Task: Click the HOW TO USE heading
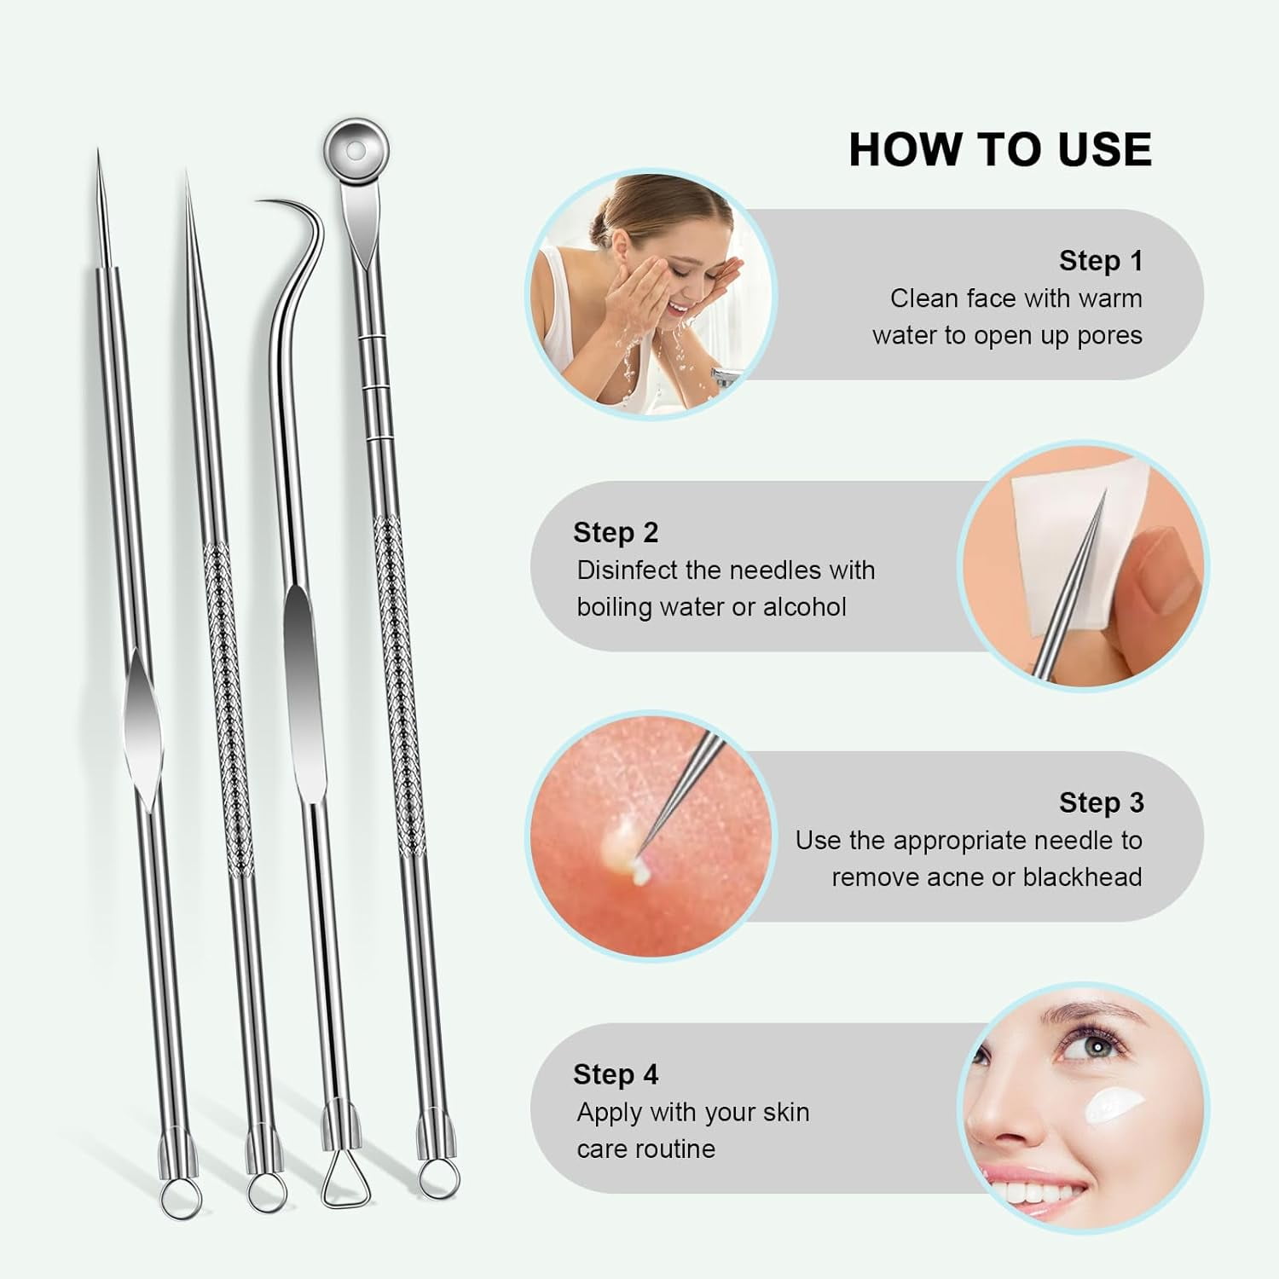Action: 999,150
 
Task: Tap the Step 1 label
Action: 1100,261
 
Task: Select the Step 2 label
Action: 616,533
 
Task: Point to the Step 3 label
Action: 1101,802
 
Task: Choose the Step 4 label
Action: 616,1074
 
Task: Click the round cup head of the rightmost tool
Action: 356,152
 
